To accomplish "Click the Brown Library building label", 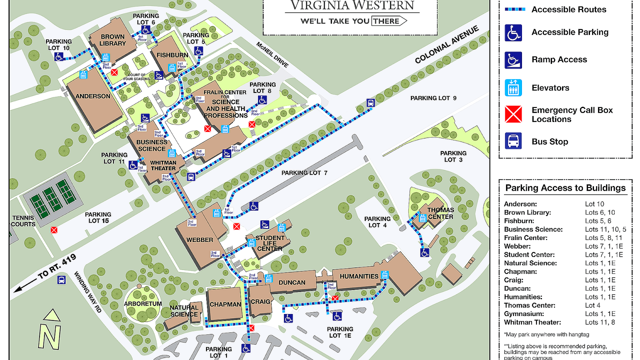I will (112, 40).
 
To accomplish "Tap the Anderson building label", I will (93, 96).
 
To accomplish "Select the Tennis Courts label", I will (23, 221).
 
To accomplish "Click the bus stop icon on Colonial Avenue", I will (371, 103).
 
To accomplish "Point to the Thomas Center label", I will (440, 213).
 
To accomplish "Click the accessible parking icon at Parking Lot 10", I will (59, 57).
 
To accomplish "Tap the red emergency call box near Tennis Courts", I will (54, 230).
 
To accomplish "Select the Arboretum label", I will (143, 304).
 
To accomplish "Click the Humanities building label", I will (359, 276).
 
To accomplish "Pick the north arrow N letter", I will (50, 337).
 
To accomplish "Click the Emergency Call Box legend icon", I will (513, 114).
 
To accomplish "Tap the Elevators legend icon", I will (513, 88).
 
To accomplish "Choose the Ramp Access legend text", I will (559, 60).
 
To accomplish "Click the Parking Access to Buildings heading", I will (565, 188).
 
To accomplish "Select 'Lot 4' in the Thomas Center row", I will (592, 305).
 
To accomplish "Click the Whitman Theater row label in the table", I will (532, 322).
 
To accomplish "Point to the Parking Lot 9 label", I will (433, 98).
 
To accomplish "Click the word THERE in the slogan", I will (386, 21).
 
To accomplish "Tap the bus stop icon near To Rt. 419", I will (62, 280).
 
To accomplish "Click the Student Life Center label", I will (270, 243).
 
